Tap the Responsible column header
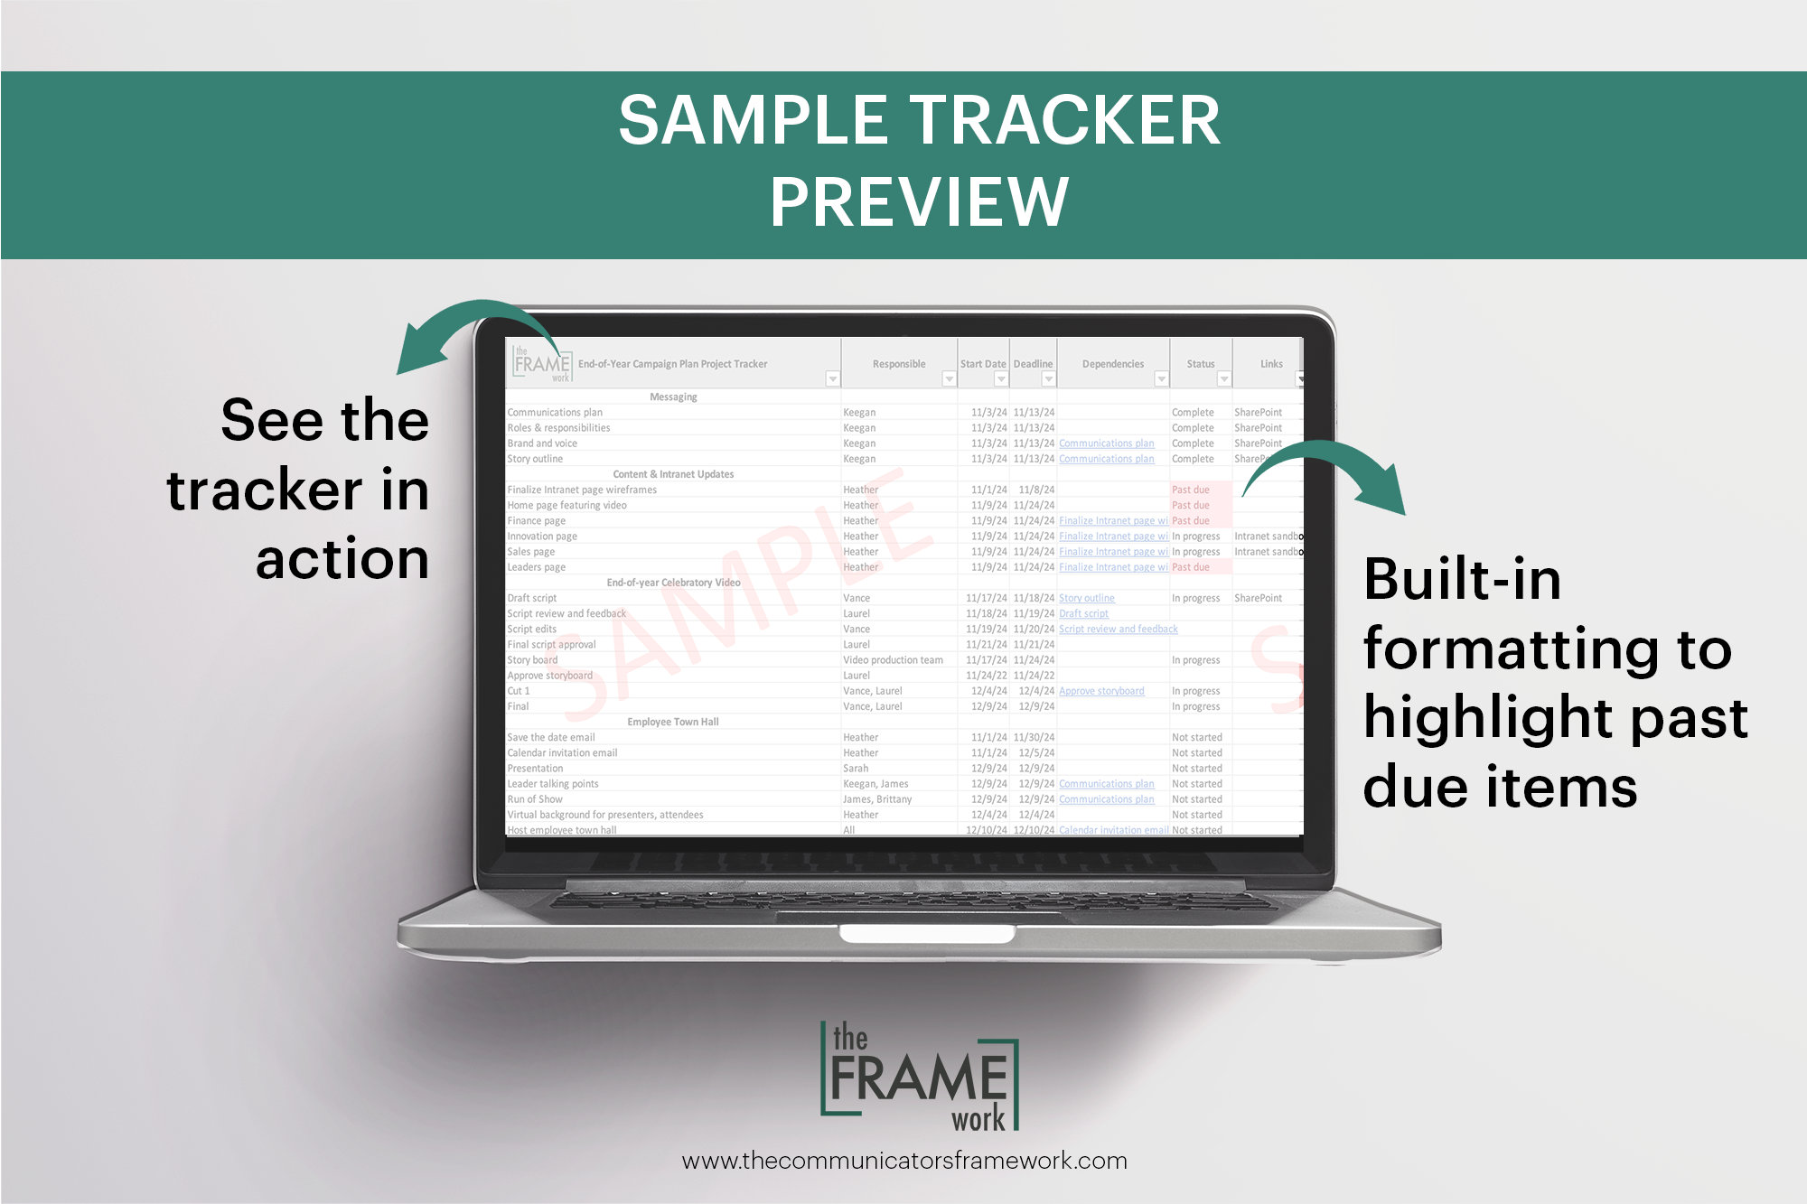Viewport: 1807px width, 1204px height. tap(898, 364)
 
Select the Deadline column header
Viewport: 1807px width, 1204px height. tap(1033, 364)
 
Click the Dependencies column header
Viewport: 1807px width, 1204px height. tap(1112, 364)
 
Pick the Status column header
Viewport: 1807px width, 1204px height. tap(1200, 364)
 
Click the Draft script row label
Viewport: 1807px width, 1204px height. tap(531, 598)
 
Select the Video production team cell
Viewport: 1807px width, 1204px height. tap(893, 660)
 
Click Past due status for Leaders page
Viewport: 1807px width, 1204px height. tap(1190, 567)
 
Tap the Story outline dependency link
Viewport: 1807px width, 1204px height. tap(1086, 598)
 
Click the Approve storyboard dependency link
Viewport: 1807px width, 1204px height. tap(1100, 691)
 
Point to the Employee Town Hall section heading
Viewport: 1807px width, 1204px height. tap(672, 722)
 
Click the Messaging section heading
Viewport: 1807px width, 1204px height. tap(673, 397)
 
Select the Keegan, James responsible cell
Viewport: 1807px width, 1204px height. tap(875, 784)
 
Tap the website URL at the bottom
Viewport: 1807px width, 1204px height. tap(903, 1161)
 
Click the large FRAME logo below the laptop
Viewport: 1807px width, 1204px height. tap(919, 1077)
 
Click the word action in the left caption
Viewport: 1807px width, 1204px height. tap(342, 559)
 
